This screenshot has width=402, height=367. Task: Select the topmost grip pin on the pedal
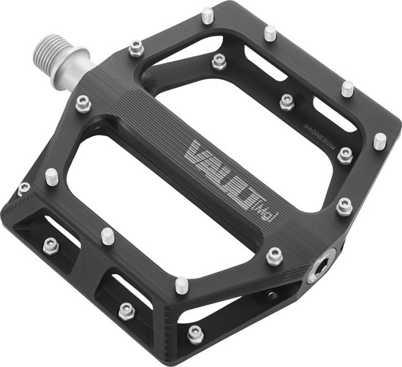click(208, 14)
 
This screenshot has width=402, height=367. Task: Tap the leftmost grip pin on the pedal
click(24, 189)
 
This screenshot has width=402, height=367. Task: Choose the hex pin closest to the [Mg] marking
click(274, 255)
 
